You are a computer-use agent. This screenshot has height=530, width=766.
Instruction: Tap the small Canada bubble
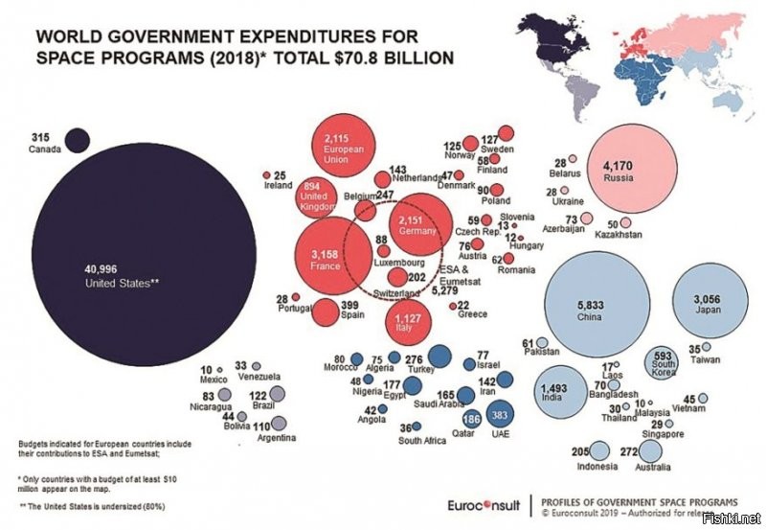77,140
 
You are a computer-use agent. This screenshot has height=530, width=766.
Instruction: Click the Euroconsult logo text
485,504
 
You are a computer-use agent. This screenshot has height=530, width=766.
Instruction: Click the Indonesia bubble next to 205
599,450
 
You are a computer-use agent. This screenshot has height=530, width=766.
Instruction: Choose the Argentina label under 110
276,438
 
